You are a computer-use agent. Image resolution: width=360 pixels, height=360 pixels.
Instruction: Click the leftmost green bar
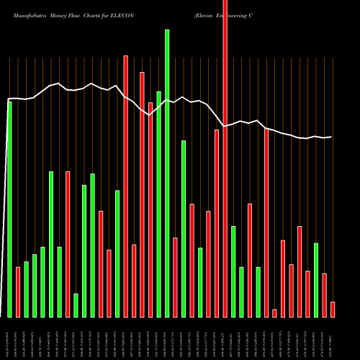click(9, 209)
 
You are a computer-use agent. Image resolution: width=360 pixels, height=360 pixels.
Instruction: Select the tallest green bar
click(167, 173)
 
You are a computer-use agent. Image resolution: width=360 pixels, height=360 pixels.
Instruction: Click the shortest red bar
click(274, 312)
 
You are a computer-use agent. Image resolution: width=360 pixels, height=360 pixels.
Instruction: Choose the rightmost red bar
click(333, 309)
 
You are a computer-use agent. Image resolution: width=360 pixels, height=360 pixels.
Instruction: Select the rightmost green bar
click(316, 280)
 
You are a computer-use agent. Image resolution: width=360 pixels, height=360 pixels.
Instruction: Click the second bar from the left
click(18, 292)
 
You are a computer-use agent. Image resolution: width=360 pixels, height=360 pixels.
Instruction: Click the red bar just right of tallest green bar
click(175, 277)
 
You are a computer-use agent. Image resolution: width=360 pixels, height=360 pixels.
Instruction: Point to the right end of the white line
click(331, 137)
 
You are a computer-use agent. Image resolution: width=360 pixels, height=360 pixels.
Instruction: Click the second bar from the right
click(325, 295)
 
